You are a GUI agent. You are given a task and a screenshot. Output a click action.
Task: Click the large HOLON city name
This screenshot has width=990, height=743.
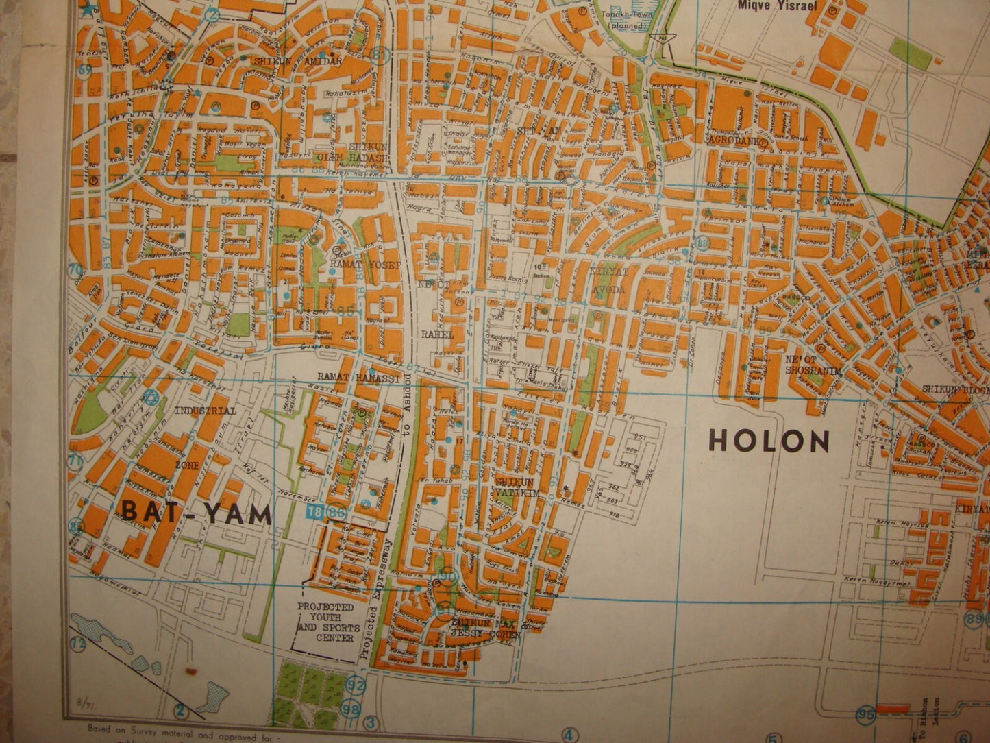pyautogui.click(x=769, y=441)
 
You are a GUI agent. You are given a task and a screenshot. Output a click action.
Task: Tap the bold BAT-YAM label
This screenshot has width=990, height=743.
pyautogui.click(x=197, y=511)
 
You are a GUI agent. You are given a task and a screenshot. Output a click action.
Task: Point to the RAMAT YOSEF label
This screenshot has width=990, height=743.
pyautogui.click(x=354, y=262)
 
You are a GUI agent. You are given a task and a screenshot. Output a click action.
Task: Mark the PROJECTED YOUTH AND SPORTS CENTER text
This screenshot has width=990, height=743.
pyautogui.click(x=325, y=622)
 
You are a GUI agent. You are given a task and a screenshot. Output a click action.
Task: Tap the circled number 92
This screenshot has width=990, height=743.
pyautogui.click(x=356, y=684)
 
